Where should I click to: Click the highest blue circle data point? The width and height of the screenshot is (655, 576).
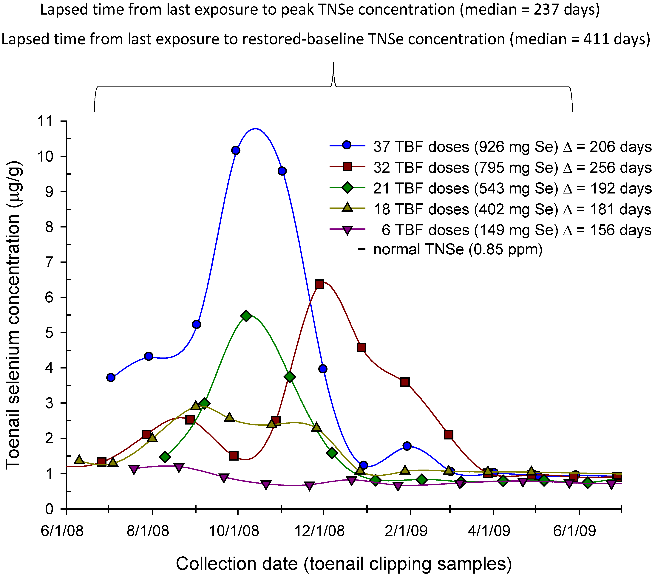pyautogui.click(x=236, y=150)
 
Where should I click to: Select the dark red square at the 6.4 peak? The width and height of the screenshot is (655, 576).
pyautogui.click(x=319, y=284)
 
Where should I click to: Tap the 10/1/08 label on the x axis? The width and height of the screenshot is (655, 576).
pyautogui.click(x=234, y=531)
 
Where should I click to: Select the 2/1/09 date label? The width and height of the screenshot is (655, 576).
pyautogui.click(x=406, y=531)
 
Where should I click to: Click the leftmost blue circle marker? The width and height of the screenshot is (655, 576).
pyautogui.click(x=111, y=377)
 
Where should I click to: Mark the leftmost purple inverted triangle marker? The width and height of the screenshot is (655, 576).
pyautogui.click(x=134, y=470)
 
